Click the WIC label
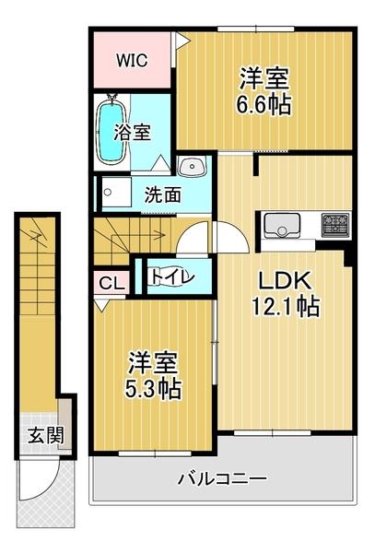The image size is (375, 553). tap(131, 62)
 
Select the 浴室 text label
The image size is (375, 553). tap(134, 132)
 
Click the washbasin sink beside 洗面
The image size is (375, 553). tap(193, 167)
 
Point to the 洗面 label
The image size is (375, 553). tap(162, 195)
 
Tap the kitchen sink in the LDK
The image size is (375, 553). tap(279, 224)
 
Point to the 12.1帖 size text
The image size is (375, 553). tap(286, 307)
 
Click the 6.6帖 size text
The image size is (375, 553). tap(265, 102)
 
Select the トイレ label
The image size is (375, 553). tap(171, 275)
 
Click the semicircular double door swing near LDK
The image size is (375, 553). tap(214, 241)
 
